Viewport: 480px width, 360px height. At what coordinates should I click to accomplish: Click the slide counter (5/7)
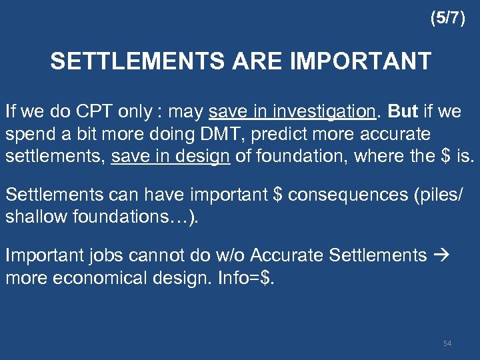pos(447,19)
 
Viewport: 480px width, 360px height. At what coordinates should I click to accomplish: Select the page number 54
pos(447,343)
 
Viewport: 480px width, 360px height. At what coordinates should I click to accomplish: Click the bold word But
pos(402,111)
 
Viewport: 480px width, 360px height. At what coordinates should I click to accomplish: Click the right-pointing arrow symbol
pos(443,255)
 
